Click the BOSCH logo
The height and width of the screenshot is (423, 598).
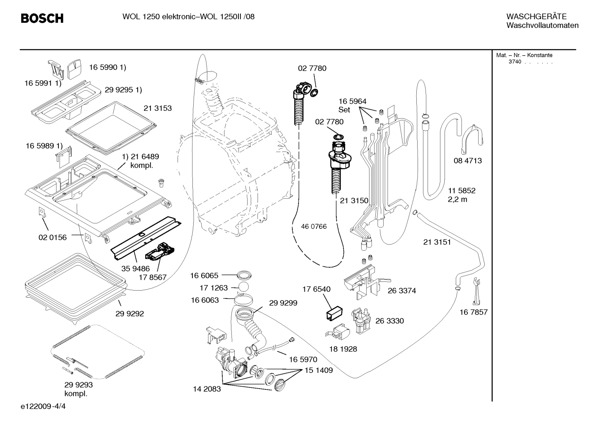[42, 18]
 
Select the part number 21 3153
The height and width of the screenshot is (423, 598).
[158, 108]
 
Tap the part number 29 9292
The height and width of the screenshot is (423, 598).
[129, 313]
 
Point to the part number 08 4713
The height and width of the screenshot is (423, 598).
[468, 161]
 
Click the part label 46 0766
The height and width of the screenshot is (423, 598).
[314, 226]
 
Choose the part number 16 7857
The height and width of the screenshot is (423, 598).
[473, 312]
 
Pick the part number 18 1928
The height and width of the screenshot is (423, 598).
[343, 349]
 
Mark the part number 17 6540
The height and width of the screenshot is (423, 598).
[316, 289]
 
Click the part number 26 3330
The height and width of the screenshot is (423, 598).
[389, 320]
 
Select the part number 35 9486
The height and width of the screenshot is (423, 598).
[135, 269]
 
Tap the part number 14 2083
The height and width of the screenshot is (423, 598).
[207, 389]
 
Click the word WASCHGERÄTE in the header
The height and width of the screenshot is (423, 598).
[536, 16]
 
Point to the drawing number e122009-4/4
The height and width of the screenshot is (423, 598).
[43, 406]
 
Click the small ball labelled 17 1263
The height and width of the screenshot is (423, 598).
[243, 287]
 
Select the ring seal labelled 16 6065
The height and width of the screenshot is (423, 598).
[244, 274]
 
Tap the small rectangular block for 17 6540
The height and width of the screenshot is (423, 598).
[334, 313]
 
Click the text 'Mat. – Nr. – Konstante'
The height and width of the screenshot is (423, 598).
[524, 55]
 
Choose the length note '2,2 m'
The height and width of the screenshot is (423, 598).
[457, 199]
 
